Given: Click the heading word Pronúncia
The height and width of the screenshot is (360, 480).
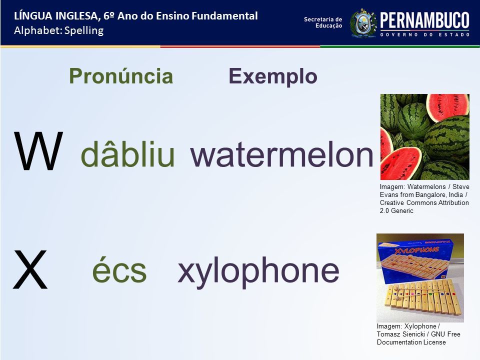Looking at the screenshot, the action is [121, 76].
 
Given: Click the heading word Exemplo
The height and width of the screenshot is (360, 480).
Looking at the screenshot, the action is [273, 76].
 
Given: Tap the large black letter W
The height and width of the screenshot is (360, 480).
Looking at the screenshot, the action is [38, 151].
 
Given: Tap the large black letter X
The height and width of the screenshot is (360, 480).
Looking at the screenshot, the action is [30, 269].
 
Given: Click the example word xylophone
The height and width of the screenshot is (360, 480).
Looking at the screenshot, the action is [258, 270].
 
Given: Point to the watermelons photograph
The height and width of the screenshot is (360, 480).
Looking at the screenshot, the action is [425, 137].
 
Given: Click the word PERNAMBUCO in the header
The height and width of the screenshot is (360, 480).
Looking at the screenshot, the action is [425, 20].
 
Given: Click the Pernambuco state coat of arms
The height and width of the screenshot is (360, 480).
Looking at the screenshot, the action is [363, 23].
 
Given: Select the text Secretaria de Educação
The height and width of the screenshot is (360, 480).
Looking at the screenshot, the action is [323, 22].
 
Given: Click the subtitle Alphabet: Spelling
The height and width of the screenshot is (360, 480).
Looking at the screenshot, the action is [59, 30].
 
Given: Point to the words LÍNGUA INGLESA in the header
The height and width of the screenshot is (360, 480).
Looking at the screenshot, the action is [56, 16].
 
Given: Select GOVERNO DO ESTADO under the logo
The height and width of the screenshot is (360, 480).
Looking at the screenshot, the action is [425, 34].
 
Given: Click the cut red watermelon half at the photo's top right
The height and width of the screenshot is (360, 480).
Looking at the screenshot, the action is [447, 107].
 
